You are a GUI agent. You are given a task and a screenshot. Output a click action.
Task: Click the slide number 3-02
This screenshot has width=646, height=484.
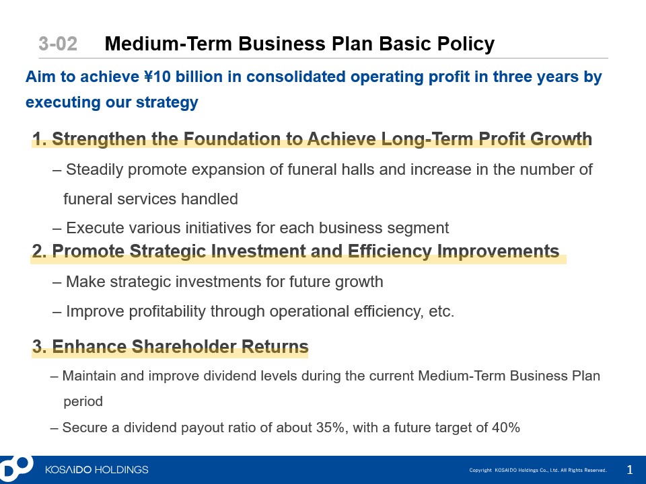[58, 44]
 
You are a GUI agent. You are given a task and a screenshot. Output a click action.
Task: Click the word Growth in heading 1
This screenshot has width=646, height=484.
[561, 138]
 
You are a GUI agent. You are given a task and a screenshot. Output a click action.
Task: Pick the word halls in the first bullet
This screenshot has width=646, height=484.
[357, 169]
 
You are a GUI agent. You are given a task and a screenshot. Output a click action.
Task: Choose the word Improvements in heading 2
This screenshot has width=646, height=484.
[498, 251]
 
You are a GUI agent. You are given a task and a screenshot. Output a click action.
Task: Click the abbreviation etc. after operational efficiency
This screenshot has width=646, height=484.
[441, 311]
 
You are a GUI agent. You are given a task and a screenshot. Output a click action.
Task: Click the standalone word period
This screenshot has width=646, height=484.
[83, 402]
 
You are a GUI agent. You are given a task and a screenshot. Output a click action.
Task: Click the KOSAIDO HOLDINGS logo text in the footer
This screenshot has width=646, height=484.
[97, 470]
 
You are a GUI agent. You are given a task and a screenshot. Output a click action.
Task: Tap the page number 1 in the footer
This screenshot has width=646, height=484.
[630, 470]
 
